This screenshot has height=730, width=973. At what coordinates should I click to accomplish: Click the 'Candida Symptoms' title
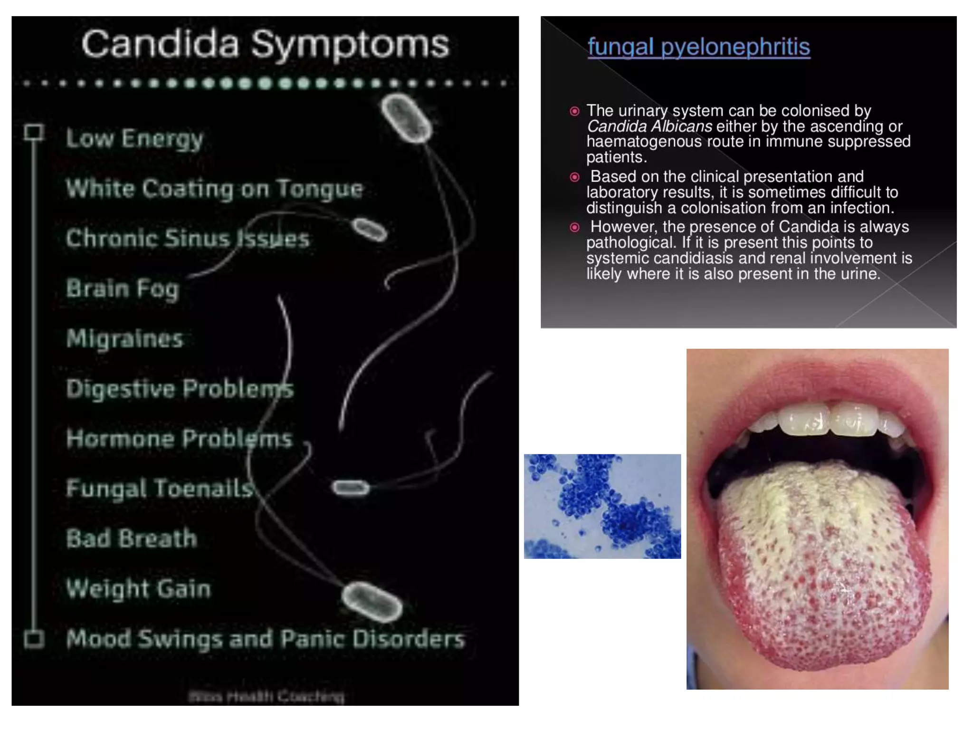265,44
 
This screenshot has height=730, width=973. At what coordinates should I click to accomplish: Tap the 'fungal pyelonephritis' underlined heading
698,47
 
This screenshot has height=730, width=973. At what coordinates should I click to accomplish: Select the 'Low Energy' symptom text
134,138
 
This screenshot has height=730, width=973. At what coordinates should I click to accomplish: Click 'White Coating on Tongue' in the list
214,189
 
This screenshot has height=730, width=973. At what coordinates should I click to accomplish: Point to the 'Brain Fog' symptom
123,288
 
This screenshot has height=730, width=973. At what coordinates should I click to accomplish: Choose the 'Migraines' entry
124,339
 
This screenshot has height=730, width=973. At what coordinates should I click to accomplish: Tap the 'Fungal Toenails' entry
160,489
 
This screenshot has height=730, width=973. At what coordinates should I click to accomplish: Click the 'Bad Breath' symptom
132,538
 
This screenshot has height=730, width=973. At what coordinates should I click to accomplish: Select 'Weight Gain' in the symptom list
138,589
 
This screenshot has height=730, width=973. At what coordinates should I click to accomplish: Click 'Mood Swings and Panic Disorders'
265,639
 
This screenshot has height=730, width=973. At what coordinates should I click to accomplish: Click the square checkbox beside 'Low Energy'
34,132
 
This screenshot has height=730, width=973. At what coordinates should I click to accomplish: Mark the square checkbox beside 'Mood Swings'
34,639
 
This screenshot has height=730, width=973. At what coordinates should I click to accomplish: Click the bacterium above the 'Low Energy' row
406,118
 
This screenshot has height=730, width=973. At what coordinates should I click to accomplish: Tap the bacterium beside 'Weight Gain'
372,602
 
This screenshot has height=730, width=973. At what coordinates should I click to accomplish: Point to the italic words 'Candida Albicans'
649,126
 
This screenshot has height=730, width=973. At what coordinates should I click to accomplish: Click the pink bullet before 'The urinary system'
574,111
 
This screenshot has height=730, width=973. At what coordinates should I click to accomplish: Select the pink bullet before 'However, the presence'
574,227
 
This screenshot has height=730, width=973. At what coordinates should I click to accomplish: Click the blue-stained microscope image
602,506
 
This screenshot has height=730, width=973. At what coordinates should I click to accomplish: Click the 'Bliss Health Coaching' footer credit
266,697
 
